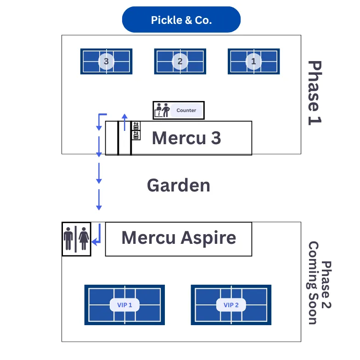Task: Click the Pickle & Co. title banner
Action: [181, 20]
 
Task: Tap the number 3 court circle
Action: [106, 61]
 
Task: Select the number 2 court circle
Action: [180, 61]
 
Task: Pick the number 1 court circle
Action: [253, 61]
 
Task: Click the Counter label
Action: [186, 110]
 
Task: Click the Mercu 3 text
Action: [186, 138]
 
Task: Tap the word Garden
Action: [178, 186]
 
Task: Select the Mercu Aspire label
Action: [179, 238]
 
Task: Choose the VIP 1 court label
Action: [124, 305]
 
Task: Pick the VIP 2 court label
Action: [231, 305]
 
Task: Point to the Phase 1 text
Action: [315, 92]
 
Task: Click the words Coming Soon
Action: [313, 282]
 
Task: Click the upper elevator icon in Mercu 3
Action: [136, 126]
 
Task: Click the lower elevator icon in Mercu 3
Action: [136, 135]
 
